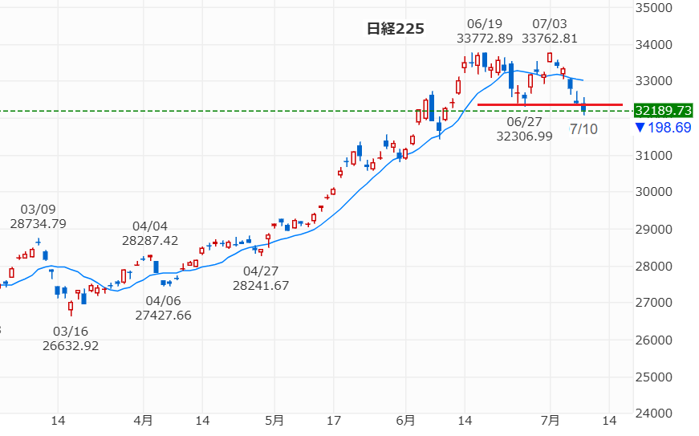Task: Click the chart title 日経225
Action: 396,29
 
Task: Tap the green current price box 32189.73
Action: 664,111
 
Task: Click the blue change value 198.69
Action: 669,128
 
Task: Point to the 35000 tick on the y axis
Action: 654,7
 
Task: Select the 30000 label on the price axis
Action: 654,192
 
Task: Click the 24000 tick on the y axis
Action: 654,414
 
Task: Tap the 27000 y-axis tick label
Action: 654,302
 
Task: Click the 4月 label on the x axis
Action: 143,421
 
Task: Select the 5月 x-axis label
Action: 274,421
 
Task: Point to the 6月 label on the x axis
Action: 405,421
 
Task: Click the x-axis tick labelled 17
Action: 334,421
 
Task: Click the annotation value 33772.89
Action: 485,39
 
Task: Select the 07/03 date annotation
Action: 549,23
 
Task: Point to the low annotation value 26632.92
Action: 71,346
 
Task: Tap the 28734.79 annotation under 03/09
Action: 38,224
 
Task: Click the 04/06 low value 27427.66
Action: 163,316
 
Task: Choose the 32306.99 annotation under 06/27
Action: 524,137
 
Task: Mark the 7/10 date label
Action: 584,129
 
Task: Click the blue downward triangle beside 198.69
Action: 640,128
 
